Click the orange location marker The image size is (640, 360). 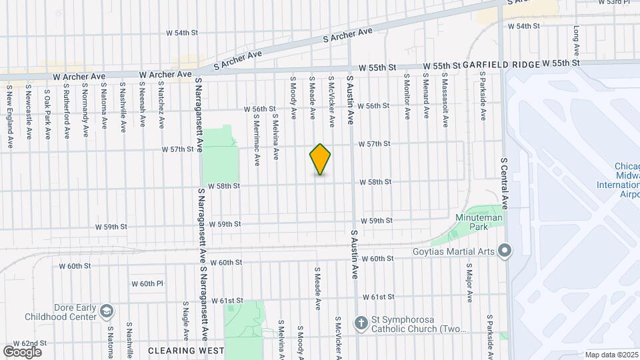point(320,159)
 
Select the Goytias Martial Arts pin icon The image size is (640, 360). point(505,251)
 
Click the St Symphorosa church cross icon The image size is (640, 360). point(361,323)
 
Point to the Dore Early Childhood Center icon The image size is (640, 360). point(106,311)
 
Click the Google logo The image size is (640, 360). point(22,351)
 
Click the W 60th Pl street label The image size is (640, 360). point(147,284)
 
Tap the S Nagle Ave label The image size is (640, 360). point(186,320)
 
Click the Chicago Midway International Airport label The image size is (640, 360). point(627,180)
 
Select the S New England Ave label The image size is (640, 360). point(9,117)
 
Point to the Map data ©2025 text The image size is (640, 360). point(611,355)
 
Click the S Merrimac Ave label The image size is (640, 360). point(256,139)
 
